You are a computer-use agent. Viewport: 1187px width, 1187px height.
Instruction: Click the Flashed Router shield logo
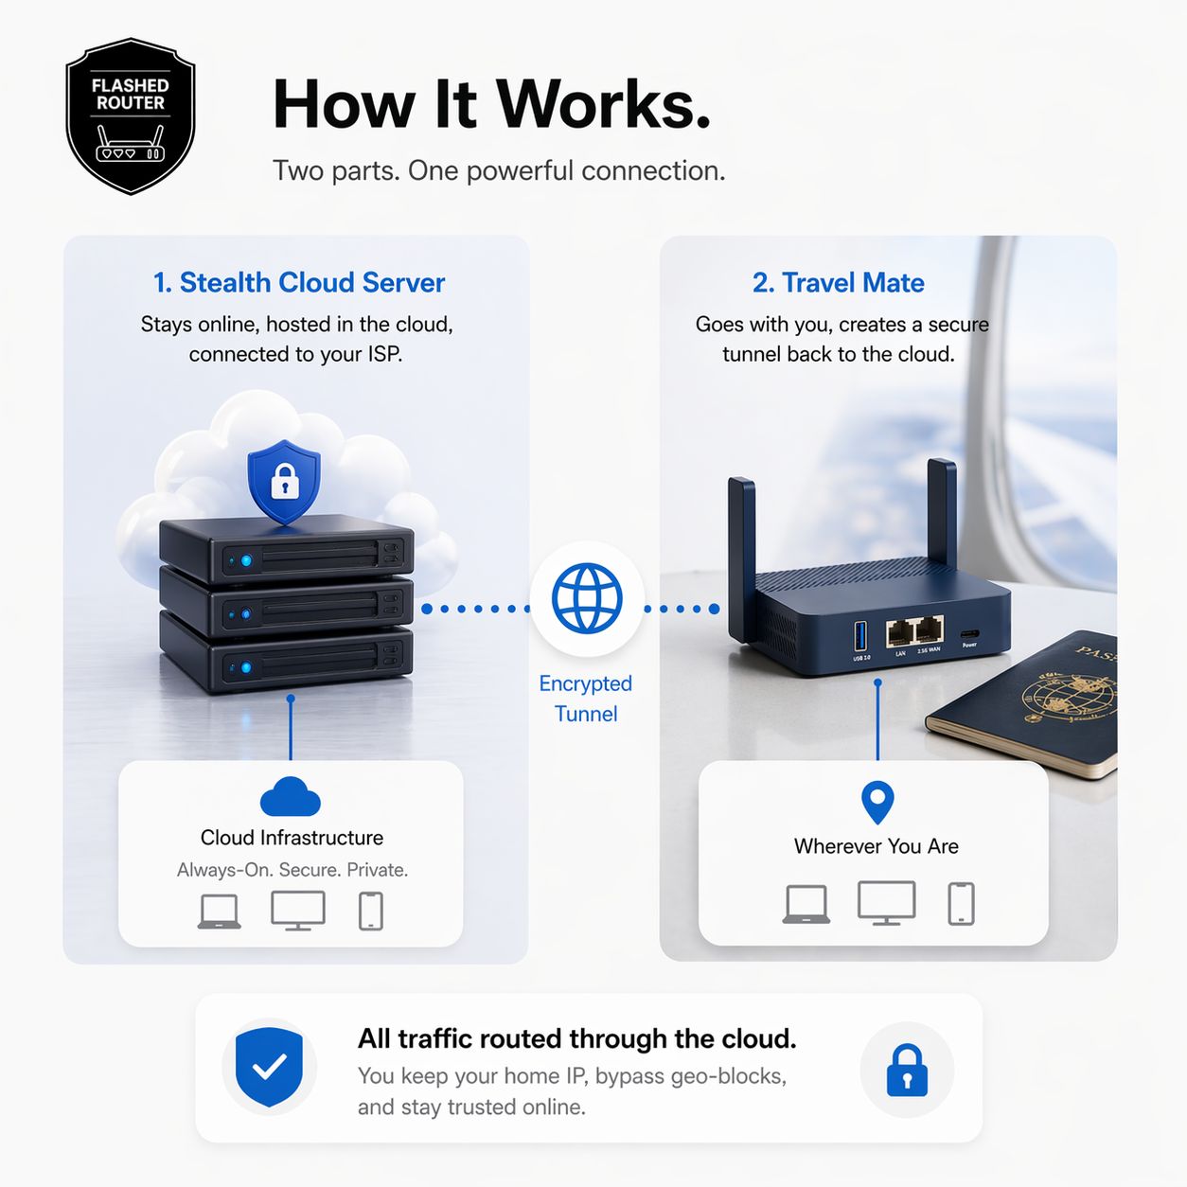coord(131,115)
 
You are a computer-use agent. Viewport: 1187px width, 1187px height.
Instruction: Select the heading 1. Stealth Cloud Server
coord(299,283)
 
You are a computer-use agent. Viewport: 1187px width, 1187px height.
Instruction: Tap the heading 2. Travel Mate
coord(839,283)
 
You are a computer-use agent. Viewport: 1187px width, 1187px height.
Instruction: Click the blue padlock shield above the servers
coord(284,481)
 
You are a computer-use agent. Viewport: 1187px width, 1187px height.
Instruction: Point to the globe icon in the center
coord(587,597)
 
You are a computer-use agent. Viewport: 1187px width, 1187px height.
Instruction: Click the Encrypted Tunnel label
coord(586,699)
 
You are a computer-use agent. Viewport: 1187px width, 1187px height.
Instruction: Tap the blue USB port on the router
coord(860,636)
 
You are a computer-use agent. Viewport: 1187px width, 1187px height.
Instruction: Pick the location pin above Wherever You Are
coord(877,802)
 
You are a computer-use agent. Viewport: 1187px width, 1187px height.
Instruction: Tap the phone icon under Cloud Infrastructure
coord(371,911)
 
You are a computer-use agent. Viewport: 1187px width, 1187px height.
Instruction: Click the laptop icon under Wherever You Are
coord(806,904)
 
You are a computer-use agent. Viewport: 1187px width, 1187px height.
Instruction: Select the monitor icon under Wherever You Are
coord(886,903)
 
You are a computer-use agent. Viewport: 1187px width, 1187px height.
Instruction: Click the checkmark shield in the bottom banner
coord(269,1066)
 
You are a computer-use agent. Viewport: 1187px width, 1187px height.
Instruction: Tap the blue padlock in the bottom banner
coord(907,1070)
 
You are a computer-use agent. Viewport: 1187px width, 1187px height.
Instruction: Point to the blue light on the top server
coord(246,560)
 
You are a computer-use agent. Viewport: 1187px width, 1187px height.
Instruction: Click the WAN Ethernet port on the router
coord(929,632)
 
